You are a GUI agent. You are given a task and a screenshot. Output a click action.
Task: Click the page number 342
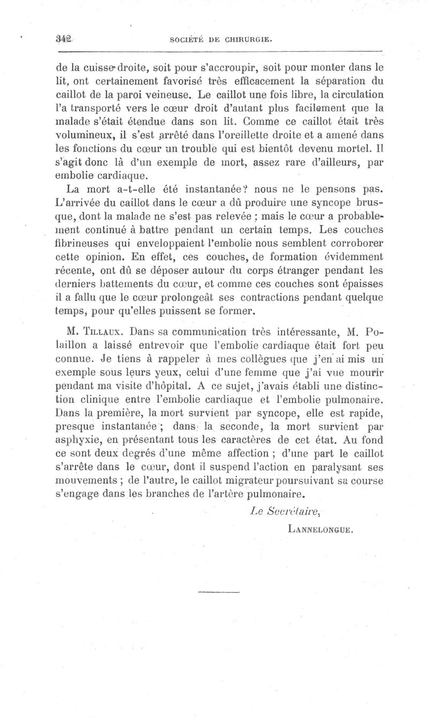click(x=64, y=39)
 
